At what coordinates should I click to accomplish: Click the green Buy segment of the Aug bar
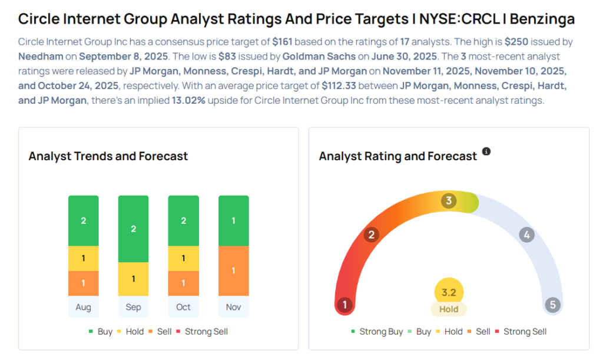83,221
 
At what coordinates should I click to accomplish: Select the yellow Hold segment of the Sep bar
133,279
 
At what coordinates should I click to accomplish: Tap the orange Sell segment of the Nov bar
233,270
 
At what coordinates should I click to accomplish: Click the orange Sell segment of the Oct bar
183,283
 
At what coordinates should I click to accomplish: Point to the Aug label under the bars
83,307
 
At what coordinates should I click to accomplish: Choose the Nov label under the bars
233,307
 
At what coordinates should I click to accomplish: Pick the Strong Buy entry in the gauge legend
376,332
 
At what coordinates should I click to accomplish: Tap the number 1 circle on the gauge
344,305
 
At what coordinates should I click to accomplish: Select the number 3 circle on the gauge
449,201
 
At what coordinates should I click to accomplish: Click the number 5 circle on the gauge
552,305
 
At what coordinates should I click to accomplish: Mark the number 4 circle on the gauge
526,235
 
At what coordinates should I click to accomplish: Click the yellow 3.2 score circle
449,292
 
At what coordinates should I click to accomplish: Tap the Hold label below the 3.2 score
449,309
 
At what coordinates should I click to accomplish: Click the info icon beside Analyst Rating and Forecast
486,151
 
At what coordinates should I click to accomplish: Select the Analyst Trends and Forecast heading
108,156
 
